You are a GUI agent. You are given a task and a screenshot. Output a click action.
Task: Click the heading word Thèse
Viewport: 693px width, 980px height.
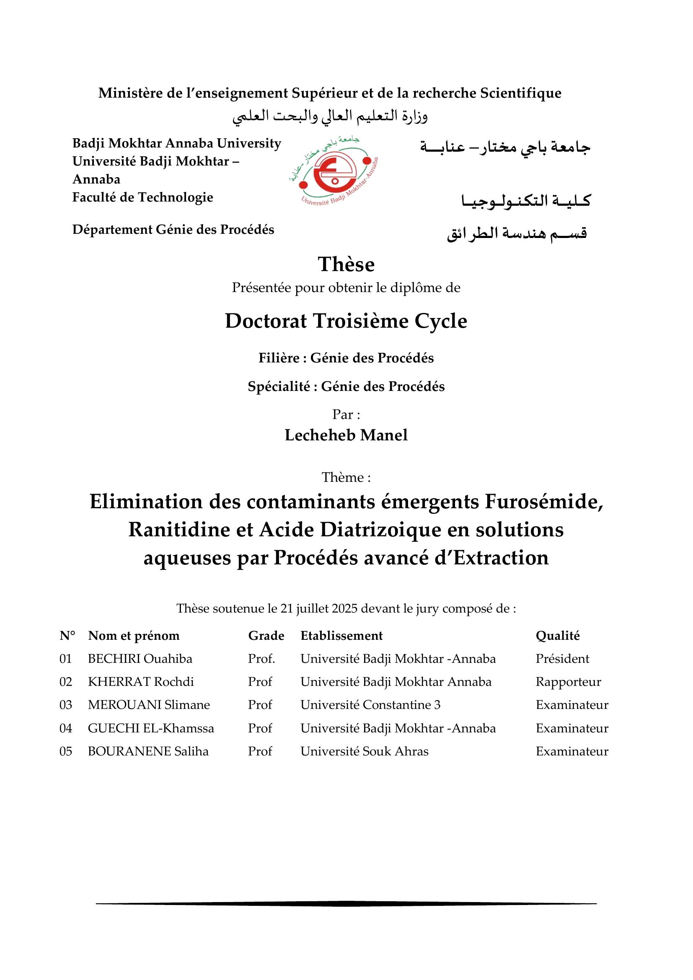click(x=346, y=264)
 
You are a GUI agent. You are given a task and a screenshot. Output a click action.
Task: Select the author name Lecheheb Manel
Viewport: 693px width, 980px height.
click(x=346, y=435)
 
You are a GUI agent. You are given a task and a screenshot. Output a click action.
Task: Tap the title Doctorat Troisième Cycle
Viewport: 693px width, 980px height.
click(x=346, y=321)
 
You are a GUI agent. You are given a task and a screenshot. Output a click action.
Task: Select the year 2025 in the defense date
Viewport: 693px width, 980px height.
click(x=345, y=608)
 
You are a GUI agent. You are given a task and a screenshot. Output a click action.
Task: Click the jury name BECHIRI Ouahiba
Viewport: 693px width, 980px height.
click(x=140, y=659)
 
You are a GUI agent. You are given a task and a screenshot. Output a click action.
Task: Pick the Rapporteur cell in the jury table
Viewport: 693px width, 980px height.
click(x=568, y=682)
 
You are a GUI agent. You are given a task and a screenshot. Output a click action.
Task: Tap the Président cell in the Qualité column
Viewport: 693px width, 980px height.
click(x=562, y=659)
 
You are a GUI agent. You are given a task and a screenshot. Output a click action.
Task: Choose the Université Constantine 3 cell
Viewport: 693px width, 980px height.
click(x=370, y=705)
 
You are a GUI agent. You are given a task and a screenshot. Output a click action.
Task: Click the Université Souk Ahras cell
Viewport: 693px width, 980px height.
click(x=364, y=751)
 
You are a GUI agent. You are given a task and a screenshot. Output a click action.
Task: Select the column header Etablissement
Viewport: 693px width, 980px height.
click(x=341, y=636)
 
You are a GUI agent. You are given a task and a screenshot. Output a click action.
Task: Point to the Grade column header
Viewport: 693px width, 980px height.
click(x=266, y=636)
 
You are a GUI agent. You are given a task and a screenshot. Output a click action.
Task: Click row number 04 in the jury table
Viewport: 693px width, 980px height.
click(x=66, y=728)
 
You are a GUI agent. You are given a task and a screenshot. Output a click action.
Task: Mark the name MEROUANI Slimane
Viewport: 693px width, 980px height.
click(x=148, y=705)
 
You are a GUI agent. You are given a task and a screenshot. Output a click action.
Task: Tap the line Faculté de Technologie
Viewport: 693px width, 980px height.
click(x=142, y=197)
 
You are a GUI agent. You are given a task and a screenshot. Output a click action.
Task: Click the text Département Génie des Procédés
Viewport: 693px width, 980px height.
click(x=173, y=230)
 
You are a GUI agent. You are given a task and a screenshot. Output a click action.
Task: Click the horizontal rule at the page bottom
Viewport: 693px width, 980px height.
click(x=346, y=903)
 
